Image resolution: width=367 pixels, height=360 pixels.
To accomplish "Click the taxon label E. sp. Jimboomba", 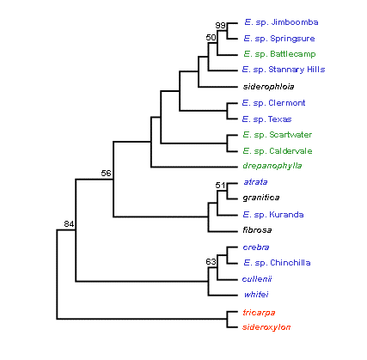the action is (x=281, y=22).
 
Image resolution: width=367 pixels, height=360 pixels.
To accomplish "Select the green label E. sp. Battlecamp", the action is (x=279, y=54).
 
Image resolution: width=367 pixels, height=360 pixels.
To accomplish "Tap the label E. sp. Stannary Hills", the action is (x=284, y=70).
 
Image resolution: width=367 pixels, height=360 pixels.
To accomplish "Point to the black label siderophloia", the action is (x=268, y=87).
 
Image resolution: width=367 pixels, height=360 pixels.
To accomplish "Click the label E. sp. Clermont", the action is (x=273, y=103).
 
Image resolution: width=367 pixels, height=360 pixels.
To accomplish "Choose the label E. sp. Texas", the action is (x=266, y=119).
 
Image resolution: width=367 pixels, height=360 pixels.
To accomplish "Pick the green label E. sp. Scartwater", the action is (x=278, y=135).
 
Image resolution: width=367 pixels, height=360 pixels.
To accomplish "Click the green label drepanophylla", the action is (x=272, y=166).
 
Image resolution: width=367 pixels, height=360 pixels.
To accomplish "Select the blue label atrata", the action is (x=255, y=182).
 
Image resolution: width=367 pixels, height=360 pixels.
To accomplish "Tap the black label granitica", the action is (x=261, y=198).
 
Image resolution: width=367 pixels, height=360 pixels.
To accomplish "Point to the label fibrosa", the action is (x=257, y=230).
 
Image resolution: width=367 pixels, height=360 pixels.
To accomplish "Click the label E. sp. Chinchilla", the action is (x=277, y=263).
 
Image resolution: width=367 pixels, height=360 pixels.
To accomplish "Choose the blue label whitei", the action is (x=256, y=295).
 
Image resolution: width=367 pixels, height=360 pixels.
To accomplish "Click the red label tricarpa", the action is (x=259, y=313).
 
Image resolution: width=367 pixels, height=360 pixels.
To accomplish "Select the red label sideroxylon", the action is (x=266, y=327).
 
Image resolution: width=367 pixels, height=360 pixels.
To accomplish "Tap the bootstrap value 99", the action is (x=221, y=26).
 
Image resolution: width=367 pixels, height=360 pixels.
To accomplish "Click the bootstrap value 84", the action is (x=69, y=224).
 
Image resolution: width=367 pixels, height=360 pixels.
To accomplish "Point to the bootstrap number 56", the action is (x=106, y=174).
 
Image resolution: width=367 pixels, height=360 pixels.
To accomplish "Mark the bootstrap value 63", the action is (x=211, y=261).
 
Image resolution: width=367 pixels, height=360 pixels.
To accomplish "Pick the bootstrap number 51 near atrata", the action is (x=220, y=186).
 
